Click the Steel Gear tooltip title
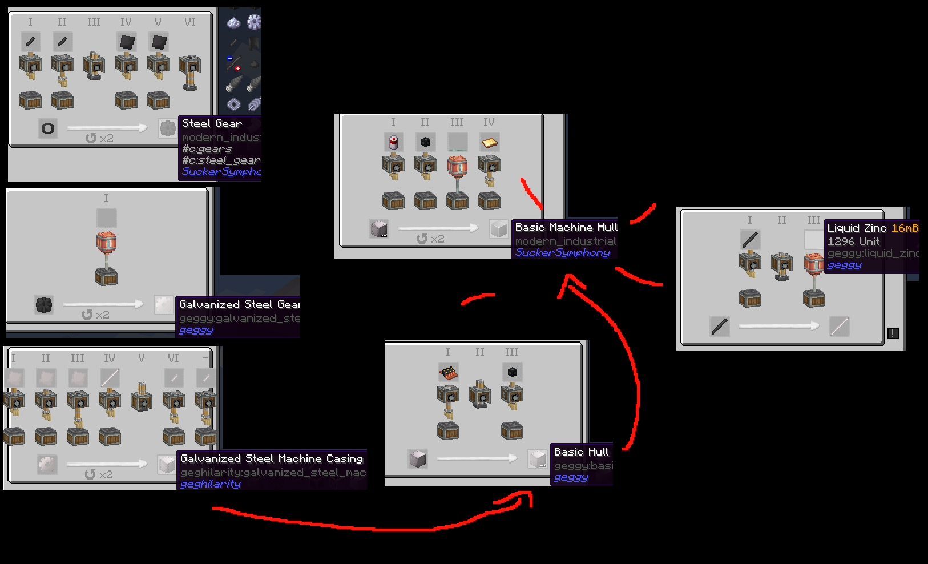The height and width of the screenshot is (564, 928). (212, 124)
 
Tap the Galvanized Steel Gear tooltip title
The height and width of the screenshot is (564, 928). (239, 305)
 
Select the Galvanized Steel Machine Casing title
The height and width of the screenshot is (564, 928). (272, 459)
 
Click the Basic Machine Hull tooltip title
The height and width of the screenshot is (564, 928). (566, 228)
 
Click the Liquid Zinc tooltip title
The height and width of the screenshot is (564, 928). (857, 228)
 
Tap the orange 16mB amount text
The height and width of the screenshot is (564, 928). (905, 228)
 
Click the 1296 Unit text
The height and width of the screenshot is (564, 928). (854, 241)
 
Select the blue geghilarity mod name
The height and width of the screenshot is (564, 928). (211, 484)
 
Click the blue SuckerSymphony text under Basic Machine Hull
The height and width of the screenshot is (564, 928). (562, 253)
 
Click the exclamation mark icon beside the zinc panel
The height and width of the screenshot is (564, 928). (893, 333)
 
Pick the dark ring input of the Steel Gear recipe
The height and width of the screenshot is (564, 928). (48, 128)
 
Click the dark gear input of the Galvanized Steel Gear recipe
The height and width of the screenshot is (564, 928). (44, 305)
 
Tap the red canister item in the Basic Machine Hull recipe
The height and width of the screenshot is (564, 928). (393, 142)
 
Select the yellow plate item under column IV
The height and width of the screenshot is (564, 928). (489, 142)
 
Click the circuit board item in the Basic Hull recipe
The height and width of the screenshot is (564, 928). (449, 373)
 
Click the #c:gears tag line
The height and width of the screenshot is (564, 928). (207, 149)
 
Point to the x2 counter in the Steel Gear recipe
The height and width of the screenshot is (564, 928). (100, 139)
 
